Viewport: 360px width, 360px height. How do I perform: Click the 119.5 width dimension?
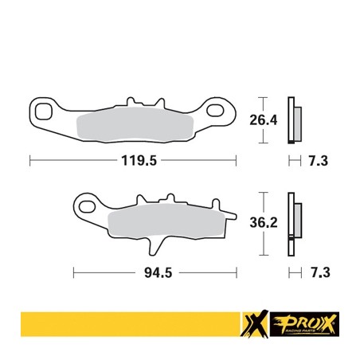coord(135,161)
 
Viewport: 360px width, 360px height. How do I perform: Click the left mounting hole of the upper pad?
coord(44,109)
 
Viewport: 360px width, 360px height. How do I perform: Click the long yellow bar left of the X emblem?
coord(127,325)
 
